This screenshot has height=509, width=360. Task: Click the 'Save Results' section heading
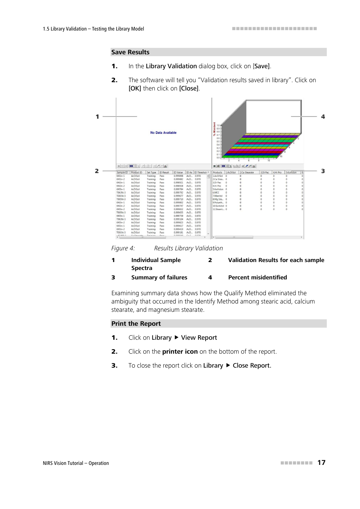point(130,52)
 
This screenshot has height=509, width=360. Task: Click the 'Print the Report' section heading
point(136,323)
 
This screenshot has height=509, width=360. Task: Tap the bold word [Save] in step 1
point(262,66)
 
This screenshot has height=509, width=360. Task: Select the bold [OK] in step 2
point(135,88)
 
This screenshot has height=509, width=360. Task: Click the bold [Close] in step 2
point(189,88)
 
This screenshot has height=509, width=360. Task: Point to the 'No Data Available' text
point(163,133)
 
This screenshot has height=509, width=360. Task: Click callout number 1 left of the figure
point(97,117)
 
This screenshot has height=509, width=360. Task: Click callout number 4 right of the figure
point(323,117)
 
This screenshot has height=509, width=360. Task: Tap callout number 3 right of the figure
point(323,171)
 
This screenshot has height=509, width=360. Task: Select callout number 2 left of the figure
point(97,171)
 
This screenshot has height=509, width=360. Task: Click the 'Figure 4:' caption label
point(123,248)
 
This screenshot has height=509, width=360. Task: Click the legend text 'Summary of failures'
point(159,277)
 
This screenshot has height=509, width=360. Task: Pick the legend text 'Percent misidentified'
point(257,277)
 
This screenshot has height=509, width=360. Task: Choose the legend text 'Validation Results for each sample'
point(276,260)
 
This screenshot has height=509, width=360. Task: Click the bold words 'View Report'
point(199,337)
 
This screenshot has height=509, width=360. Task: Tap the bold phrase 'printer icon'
point(180,351)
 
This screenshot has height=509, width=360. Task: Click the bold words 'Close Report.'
point(252,365)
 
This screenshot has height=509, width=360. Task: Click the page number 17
point(321,463)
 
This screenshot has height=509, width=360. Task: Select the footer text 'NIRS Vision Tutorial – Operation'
point(76,463)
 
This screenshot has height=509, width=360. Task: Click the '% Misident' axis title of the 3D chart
point(214,129)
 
